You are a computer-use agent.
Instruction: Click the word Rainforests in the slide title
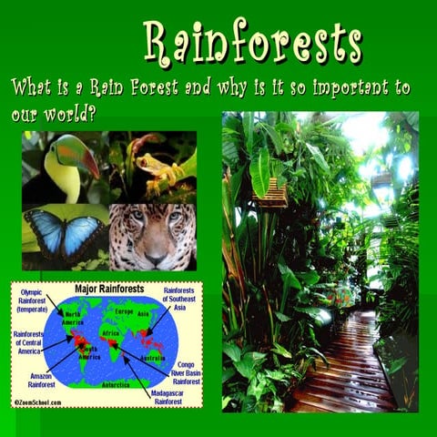click(253, 41)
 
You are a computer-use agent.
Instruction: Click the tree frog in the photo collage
click(151, 166)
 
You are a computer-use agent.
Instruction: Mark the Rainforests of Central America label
click(29, 344)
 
